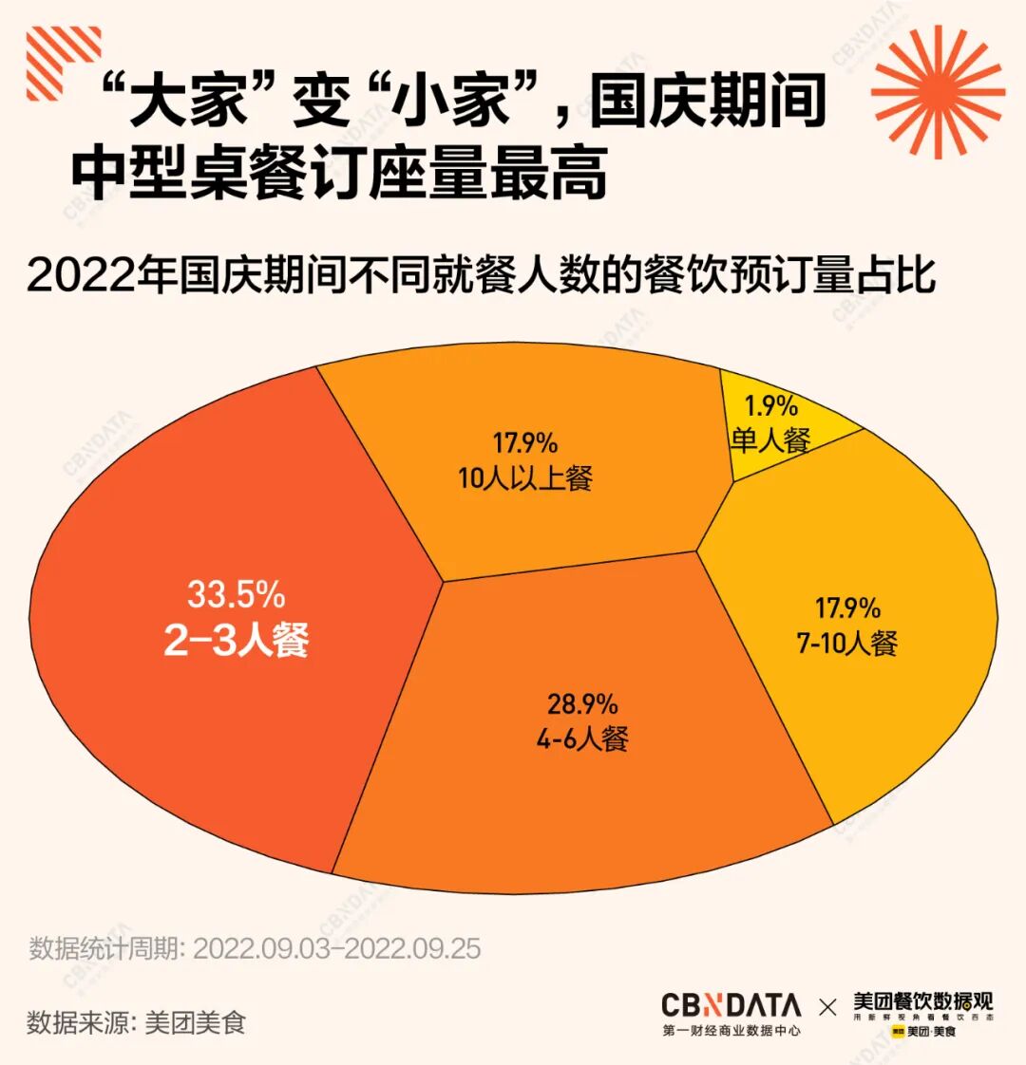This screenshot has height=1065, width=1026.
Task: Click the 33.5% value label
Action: [236, 595]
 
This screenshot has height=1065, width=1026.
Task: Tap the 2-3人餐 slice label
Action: [237, 641]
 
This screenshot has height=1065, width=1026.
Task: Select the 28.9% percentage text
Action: [581, 704]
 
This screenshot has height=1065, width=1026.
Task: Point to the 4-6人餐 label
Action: [581, 738]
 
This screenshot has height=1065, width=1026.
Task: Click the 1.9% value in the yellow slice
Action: [770, 406]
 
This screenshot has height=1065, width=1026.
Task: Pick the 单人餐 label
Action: [770, 439]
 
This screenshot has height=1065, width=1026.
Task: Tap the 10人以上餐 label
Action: [524, 477]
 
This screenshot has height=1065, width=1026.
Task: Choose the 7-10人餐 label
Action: [846, 643]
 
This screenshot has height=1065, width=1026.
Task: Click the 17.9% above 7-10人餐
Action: [847, 608]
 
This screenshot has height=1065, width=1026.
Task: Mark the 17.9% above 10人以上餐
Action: [524, 443]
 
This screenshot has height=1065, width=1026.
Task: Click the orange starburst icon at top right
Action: [937, 91]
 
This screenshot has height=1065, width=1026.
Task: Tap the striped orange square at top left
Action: [63, 64]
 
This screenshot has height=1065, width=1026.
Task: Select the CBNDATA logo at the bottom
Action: [731, 1005]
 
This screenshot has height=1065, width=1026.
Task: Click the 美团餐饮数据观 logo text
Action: [921, 1002]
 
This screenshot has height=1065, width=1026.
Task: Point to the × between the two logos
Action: [827, 1006]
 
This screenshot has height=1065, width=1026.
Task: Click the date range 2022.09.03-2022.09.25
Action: [337, 948]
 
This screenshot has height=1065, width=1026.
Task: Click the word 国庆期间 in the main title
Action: [707, 101]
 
